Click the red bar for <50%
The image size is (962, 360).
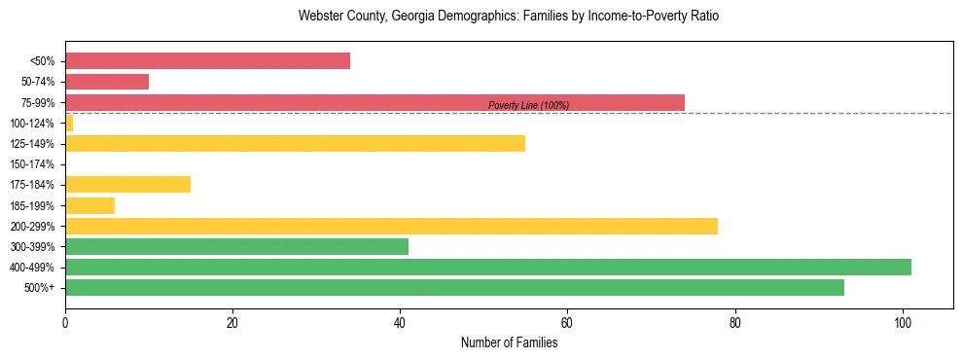coord(207,61)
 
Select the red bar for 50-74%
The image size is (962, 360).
coord(107,82)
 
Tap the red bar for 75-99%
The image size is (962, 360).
coord(374,102)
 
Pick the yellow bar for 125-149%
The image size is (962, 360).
coord(295,143)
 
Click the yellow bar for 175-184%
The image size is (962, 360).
coord(127,184)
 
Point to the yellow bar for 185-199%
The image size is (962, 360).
coord(89,205)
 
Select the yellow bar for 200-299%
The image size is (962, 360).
coord(391,226)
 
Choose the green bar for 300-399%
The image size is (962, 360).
coord(236,246)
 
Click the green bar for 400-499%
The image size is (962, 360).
coord(487,267)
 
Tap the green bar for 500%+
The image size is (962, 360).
coord(454,287)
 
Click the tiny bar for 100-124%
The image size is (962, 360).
coord(69,123)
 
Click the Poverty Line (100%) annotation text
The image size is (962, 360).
coord(528,105)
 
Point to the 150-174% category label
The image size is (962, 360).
coord(31,164)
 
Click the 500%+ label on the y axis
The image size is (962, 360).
coord(39,288)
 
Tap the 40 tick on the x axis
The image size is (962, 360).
coord(400,321)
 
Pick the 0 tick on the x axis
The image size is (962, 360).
coord(65,321)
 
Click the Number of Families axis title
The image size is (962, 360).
coord(509,342)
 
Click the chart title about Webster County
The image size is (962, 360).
coord(509,17)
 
